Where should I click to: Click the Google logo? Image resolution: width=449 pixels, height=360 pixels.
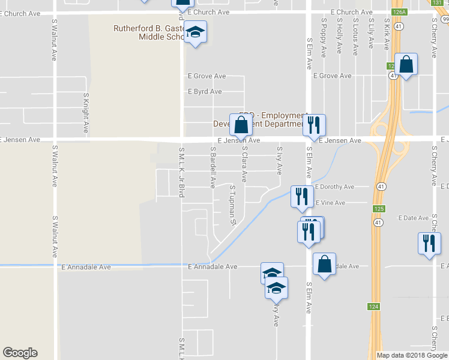(20, 353)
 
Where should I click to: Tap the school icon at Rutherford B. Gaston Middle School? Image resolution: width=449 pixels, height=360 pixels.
(194, 32)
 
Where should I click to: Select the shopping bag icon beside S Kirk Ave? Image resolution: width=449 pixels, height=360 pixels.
(406, 65)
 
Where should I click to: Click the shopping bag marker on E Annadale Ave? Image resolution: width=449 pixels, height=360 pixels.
(324, 265)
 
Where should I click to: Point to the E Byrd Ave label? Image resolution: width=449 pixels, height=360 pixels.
(205, 92)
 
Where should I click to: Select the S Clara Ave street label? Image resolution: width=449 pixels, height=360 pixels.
(245, 163)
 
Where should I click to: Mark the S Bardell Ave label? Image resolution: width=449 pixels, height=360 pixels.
(212, 167)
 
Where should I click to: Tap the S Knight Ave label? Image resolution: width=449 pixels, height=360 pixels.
(86, 112)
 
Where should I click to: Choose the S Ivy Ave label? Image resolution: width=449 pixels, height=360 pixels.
(279, 160)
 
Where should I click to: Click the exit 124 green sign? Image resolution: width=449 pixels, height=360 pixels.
(373, 307)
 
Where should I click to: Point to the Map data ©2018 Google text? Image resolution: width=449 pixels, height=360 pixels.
(412, 355)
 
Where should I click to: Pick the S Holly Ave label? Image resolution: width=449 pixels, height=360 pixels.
(339, 35)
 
